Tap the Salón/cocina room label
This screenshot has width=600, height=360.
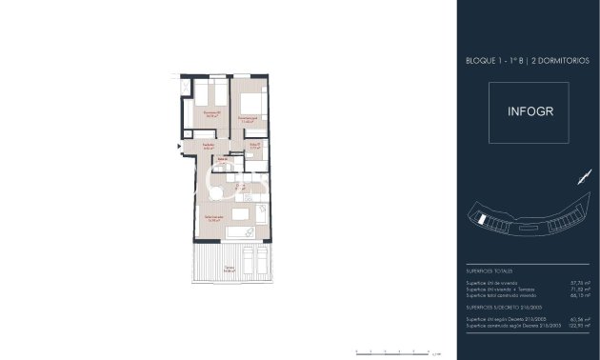click(x=215, y=218)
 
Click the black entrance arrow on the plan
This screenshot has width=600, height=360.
click(x=175, y=145)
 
